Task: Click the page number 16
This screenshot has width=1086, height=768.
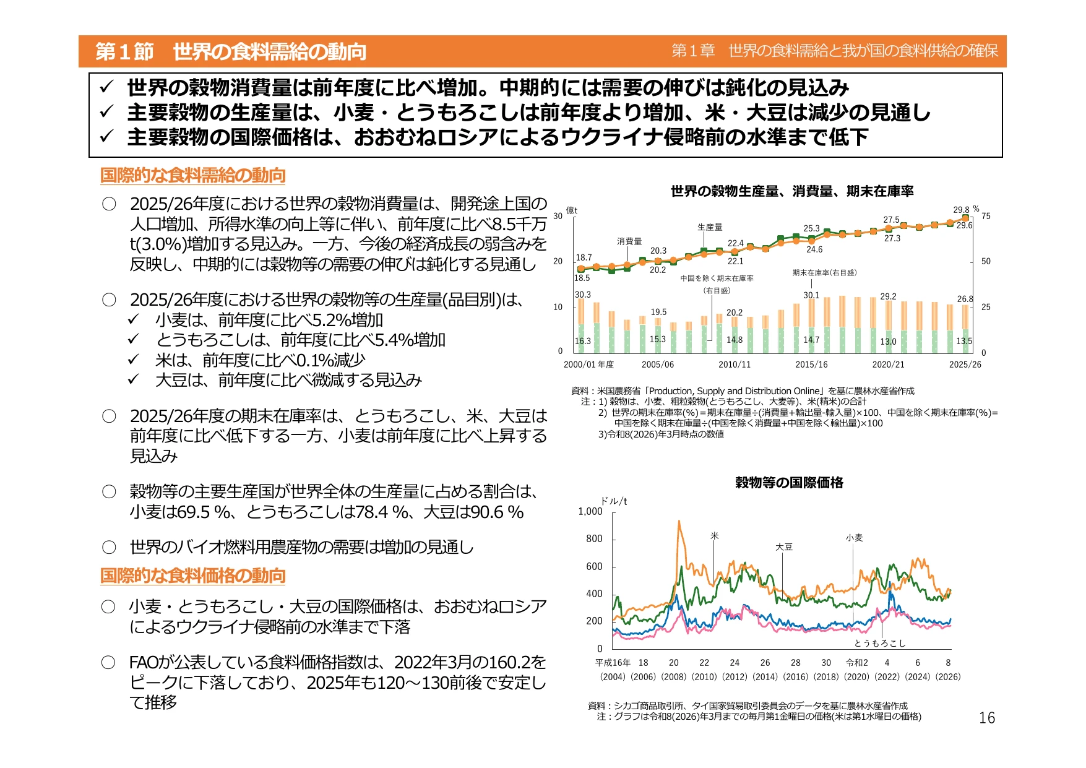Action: pyautogui.click(x=986, y=717)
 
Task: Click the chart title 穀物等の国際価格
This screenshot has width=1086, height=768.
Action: pyautogui.click(x=789, y=482)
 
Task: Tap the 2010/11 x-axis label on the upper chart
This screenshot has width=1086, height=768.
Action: pyautogui.click(x=735, y=365)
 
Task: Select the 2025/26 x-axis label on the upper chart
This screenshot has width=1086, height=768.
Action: pyautogui.click(x=965, y=365)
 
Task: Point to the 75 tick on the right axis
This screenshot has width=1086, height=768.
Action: pyautogui.click(x=986, y=216)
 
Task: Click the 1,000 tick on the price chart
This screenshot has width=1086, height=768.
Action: pyautogui.click(x=590, y=511)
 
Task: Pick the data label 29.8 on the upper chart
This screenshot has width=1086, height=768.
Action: pyautogui.click(x=961, y=210)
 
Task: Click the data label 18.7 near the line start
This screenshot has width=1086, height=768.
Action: pyautogui.click(x=584, y=257)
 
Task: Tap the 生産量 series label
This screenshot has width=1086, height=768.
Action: pyautogui.click(x=710, y=227)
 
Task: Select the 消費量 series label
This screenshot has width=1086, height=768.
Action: pyautogui.click(x=629, y=241)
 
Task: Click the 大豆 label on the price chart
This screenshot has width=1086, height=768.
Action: pyautogui.click(x=784, y=547)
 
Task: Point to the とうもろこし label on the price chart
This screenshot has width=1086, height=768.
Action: pyautogui.click(x=880, y=643)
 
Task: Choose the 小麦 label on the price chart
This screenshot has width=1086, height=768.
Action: pyautogui.click(x=854, y=538)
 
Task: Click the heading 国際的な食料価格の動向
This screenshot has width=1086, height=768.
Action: pyautogui.click(x=193, y=576)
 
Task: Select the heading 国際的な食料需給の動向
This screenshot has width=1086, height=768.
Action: pyautogui.click(x=193, y=175)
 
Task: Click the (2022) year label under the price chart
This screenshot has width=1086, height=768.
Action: pyautogui.click(x=887, y=676)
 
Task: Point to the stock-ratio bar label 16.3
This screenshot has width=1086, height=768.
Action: pyautogui.click(x=583, y=341)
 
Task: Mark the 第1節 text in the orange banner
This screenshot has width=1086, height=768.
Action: pyautogui.click(x=124, y=51)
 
